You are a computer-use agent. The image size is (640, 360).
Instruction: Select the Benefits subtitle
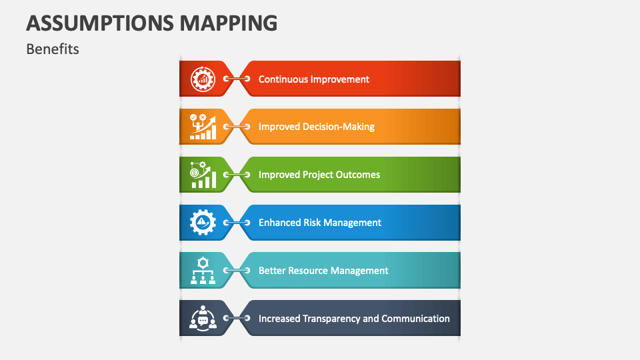coord(53,49)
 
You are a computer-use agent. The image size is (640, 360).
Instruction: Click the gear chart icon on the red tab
coord(203,79)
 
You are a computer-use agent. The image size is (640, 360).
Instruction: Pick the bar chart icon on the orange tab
coord(203,127)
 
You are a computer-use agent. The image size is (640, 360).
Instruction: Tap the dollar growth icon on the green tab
coord(203,175)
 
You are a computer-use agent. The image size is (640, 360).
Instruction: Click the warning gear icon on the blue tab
coord(203,223)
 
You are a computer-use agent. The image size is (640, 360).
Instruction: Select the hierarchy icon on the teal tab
coord(203,271)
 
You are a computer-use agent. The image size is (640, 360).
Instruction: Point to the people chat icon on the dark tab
coord(203,319)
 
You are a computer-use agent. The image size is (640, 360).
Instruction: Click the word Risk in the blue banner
coord(312,223)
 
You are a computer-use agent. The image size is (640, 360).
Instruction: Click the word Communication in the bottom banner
coord(415,319)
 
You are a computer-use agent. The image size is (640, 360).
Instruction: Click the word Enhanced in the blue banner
coord(279,223)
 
